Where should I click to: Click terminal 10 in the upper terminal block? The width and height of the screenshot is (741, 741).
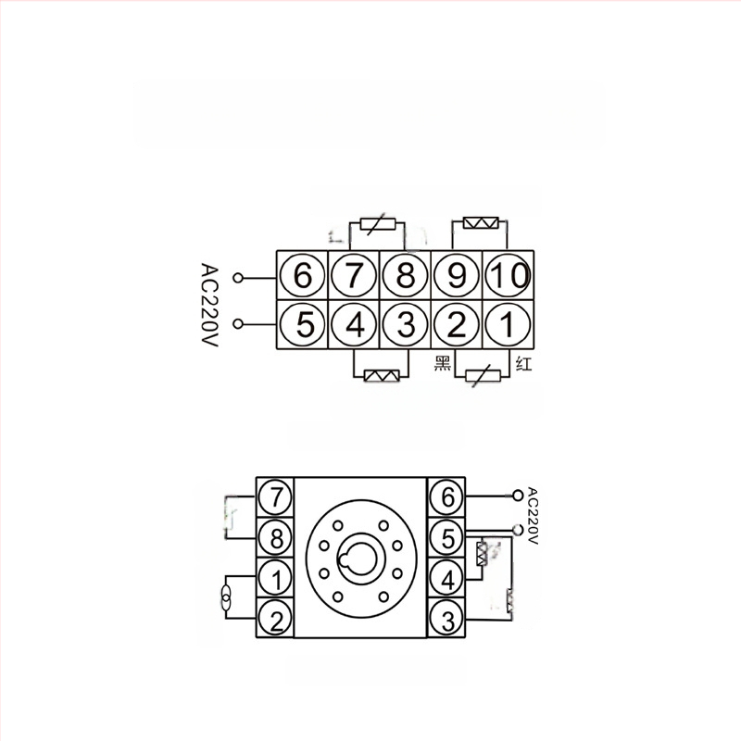pyautogui.click(x=508, y=275)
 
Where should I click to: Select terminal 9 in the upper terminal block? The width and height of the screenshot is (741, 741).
pyautogui.click(x=457, y=275)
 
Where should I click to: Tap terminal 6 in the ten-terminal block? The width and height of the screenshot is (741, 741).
pyautogui.click(x=303, y=275)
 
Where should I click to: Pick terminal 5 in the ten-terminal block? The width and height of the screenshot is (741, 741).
pyautogui.click(x=303, y=325)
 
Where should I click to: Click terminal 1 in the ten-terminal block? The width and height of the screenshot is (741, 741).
pyautogui.click(x=508, y=325)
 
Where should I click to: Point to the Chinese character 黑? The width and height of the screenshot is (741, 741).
pyautogui.click(x=443, y=363)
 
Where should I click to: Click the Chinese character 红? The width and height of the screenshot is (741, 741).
pyautogui.click(x=523, y=364)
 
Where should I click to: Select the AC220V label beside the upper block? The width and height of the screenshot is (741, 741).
pyautogui.click(x=209, y=305)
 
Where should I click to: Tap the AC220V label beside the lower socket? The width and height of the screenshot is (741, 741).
pyautogui.click(x=532, y=516)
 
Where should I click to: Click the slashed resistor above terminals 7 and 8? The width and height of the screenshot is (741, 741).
pyautogui.click(x=378, y=223)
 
